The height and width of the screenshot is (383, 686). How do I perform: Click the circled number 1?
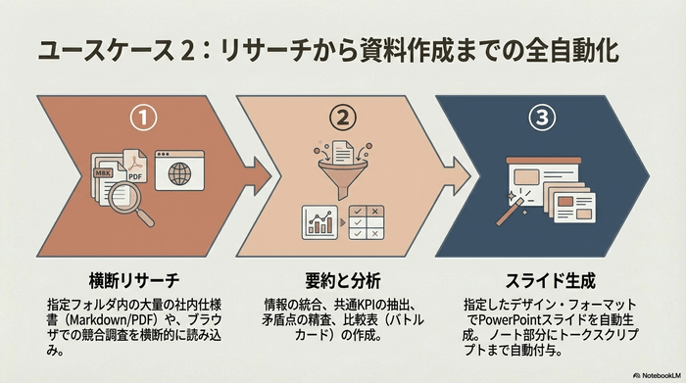click(144, 120)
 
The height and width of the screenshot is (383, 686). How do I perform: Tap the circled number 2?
click(344, 120)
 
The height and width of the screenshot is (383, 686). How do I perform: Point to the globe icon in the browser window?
click(180, 176)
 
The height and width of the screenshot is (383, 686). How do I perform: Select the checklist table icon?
click(368, 223)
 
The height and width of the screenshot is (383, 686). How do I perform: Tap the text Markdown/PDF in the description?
click(121, 318)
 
